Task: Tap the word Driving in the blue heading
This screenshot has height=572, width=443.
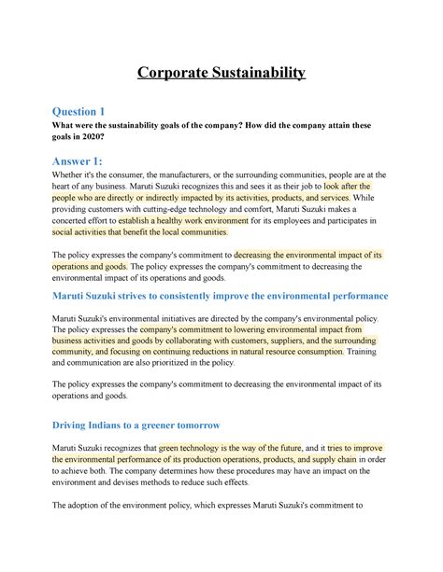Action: pos(78,426)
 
